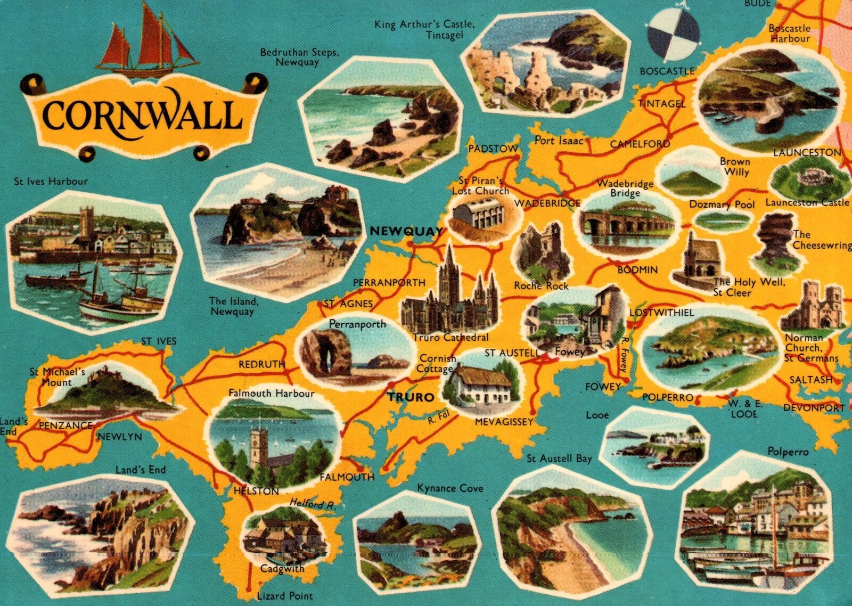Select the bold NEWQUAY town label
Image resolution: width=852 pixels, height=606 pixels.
click(406, 231)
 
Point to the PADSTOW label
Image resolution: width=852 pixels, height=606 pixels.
click(493, 149)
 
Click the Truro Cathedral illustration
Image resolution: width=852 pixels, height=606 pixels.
click(450, 296)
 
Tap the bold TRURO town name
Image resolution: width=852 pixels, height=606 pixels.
click(411, 397)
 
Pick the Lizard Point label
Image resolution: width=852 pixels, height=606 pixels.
click(284, 596)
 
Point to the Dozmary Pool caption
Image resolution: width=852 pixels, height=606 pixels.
click(722, 204)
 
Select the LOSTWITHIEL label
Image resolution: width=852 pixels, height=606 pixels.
click(661, 313)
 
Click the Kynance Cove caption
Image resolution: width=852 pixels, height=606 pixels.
click(450, 488)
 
